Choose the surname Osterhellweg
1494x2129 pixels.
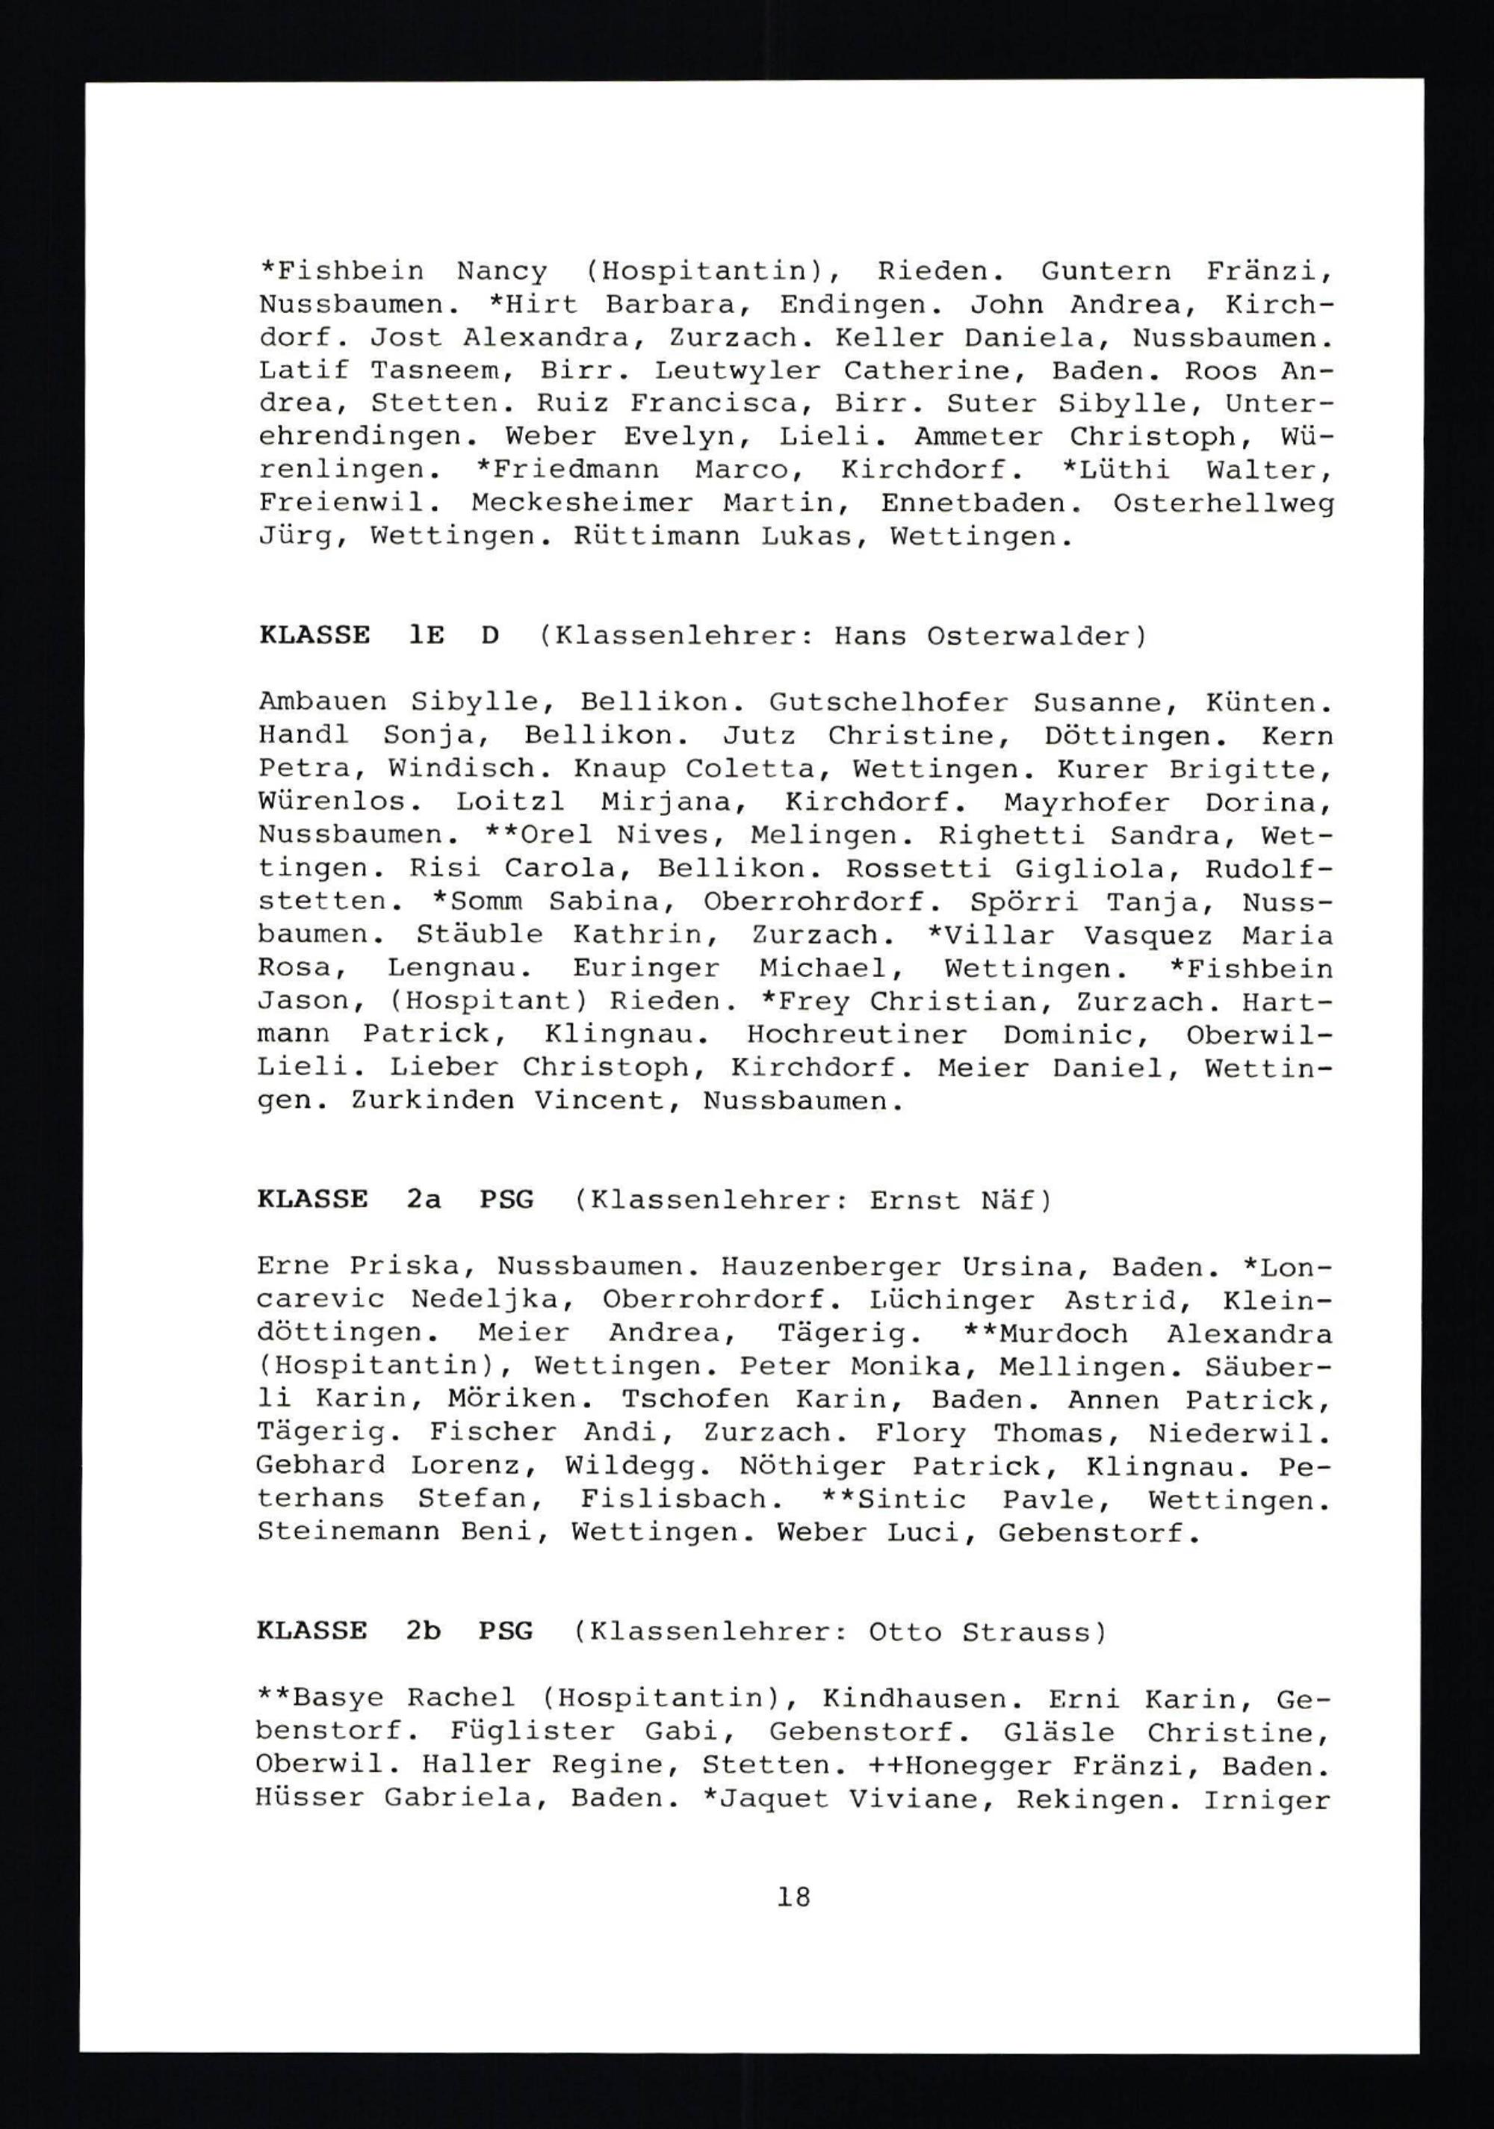[1223, 503]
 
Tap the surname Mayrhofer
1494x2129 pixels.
[1092, 802]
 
